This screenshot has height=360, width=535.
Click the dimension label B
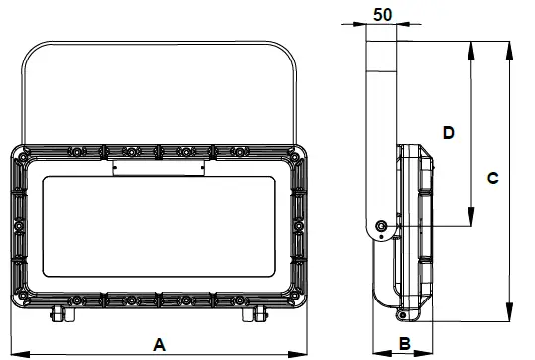tap(403, 343)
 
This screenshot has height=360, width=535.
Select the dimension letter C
tap(492, 179)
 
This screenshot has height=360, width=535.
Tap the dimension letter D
tap(448, 132)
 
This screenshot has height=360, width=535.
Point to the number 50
tap(381, 15)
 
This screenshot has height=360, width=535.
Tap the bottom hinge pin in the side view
tap(402, 315)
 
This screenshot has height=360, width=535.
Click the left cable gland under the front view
tap(59, 314)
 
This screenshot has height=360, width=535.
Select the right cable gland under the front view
tap(260, 314)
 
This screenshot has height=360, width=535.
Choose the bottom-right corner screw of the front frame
tap(294, 297)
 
